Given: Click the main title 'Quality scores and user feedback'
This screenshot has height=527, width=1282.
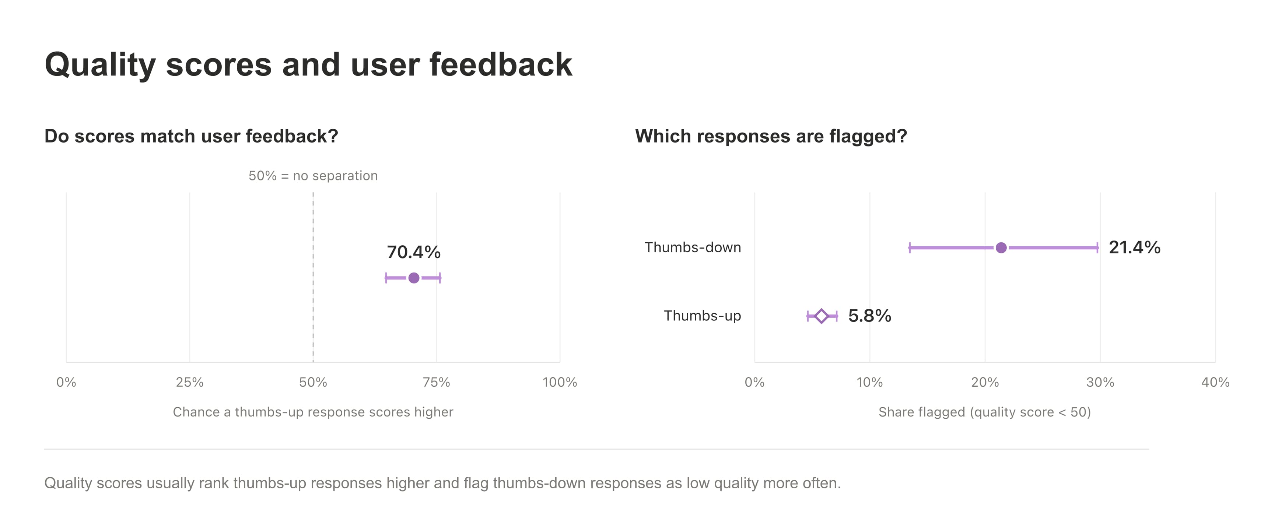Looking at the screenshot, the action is (x=309, y=65).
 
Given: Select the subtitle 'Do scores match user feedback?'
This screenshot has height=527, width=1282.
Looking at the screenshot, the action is (x=191, y=136).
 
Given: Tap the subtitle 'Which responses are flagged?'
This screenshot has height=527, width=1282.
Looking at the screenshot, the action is (x=771, y=136).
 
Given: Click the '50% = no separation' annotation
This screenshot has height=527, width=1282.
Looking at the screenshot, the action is (x=313, y=176).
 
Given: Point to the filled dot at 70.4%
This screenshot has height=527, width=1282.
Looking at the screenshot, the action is (x=414, y=278).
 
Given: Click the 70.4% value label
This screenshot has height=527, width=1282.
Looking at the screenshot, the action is (x=414, y=252).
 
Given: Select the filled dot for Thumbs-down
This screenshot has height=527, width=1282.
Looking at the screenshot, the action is (x=1001, y=247).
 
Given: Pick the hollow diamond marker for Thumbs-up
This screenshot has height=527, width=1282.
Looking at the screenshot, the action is (x=821, y=316).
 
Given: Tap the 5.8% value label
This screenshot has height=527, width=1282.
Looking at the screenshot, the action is (x=869, y=316).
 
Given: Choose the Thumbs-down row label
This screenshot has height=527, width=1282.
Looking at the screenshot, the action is (x=693, y=247).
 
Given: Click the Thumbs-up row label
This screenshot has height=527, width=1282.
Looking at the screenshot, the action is (x=702, y=316).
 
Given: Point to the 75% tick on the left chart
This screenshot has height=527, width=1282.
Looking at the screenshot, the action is (x=437, y=382).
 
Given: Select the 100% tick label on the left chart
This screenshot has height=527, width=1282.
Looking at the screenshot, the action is (x=560, y=382).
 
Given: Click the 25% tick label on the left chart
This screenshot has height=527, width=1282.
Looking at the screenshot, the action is (x=190, y=382).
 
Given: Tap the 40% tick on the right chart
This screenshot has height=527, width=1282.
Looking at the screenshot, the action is (x=1215, y=382).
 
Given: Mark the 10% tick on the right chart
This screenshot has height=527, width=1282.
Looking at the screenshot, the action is (x=869, y=382).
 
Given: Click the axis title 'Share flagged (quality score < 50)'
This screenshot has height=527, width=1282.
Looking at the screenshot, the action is (x=984, y=412).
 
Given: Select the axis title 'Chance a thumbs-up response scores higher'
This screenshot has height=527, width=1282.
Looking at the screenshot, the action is (x=313, y=412).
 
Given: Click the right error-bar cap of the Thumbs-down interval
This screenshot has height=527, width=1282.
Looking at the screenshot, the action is (x=1097, y=247).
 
